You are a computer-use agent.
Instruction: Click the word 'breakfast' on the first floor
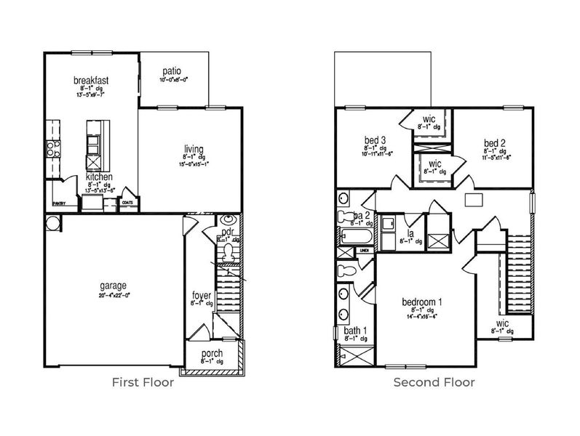click(x=91, y=80)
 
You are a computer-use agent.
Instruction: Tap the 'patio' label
click(x=171, y=71)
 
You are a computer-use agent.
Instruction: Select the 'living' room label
click(x=194, y=149)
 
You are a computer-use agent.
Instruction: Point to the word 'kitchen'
click(x=99, y=177)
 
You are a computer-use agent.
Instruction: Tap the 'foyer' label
click(x=202, y=295)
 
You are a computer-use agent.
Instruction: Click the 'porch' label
click(x=212, y=354)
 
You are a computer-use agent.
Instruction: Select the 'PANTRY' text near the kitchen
click(x=59, y=205)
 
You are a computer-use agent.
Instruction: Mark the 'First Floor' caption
click(x=143, y=382)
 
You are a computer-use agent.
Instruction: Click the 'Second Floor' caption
click(x=434, y=382)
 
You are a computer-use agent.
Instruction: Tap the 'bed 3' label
click(x=375, y=140)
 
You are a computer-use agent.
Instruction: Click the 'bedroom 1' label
click(x=422, y=301)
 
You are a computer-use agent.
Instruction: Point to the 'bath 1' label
click(x=356, y=331)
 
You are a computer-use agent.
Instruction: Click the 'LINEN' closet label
click(x=364, y=251)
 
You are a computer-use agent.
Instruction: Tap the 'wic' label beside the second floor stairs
click(x=502, y=323)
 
